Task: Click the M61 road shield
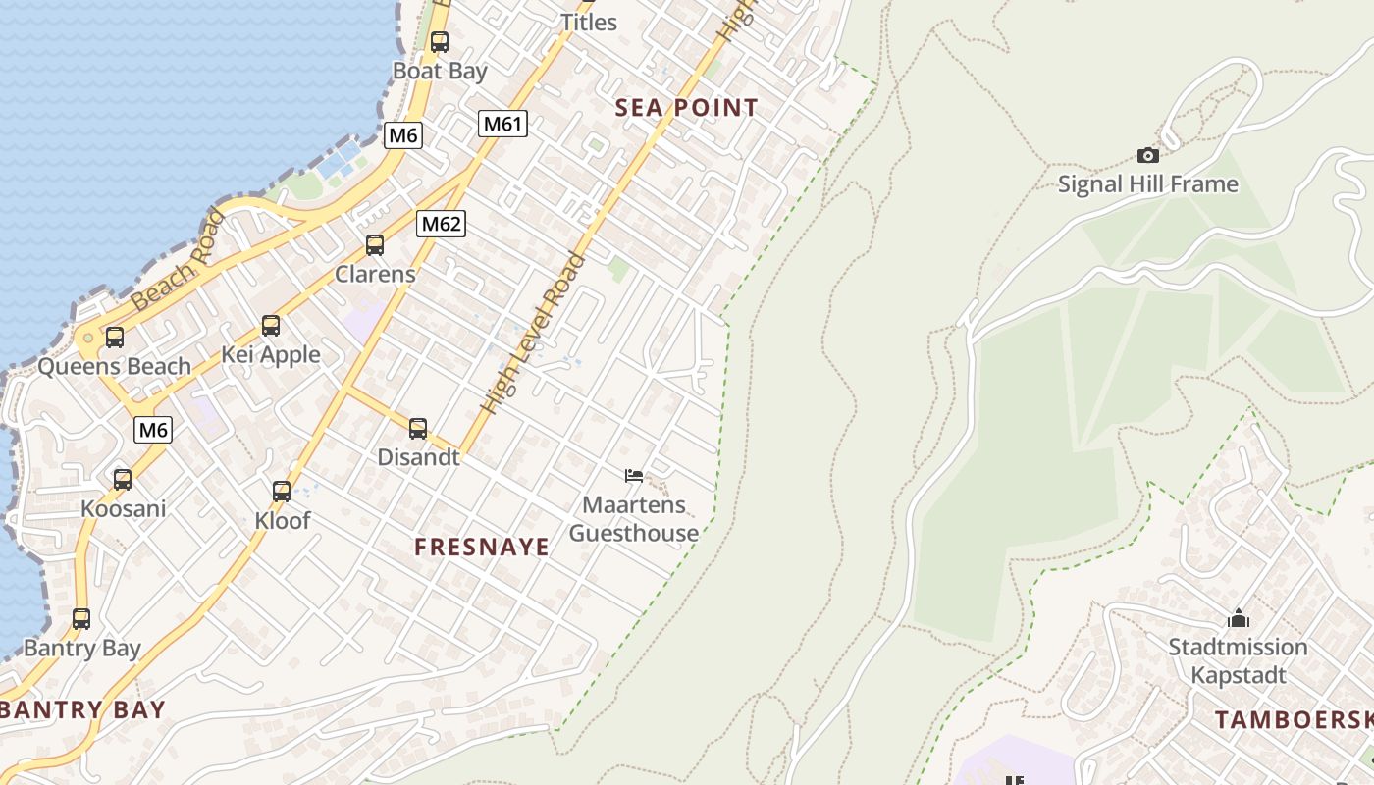tap(503, 124)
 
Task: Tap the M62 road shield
tap(441, 224)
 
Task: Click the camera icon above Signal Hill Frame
tap(1147, 155)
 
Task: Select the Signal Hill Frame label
tap(1147, 184)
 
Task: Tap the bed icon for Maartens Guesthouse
tap(634, 476)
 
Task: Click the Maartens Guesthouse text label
tap(634, 519)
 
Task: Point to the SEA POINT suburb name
tap(686, 108)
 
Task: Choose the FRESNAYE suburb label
tap(482, 548)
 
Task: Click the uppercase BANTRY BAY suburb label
tap(82, 709)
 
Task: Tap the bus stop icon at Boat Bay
tap(439, 42)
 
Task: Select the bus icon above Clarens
tap(375, 245)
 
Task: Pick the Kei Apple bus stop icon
tap(271, 326)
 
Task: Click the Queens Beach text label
tap(114, 367)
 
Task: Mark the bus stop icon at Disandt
tap(418, 429)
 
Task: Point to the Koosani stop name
tap(123, 509)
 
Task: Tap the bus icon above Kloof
tap(282, 492)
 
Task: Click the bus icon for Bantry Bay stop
tap(81, 619)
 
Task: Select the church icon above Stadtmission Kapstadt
tap(1238, 618)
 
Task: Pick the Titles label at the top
tap(588, 22)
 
